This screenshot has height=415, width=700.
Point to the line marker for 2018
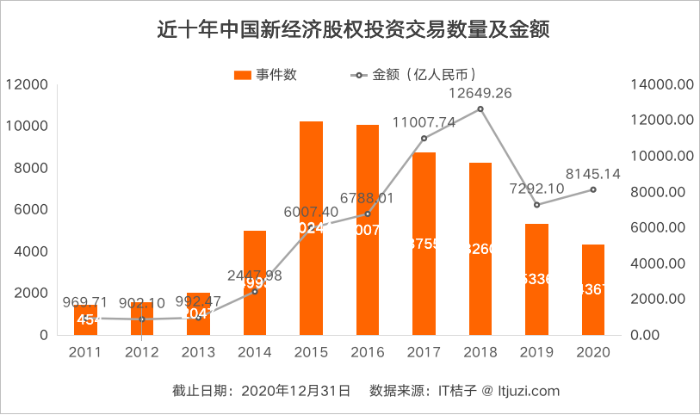coord(480,108)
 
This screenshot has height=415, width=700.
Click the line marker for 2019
coord(536,205)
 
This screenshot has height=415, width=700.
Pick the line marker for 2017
coord(424,139)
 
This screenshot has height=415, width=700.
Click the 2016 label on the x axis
coord(368,352)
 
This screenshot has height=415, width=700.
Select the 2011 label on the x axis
coord(85,352)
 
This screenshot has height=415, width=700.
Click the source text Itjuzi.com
coord(527,391)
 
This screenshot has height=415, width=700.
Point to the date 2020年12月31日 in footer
coord(293,391)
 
